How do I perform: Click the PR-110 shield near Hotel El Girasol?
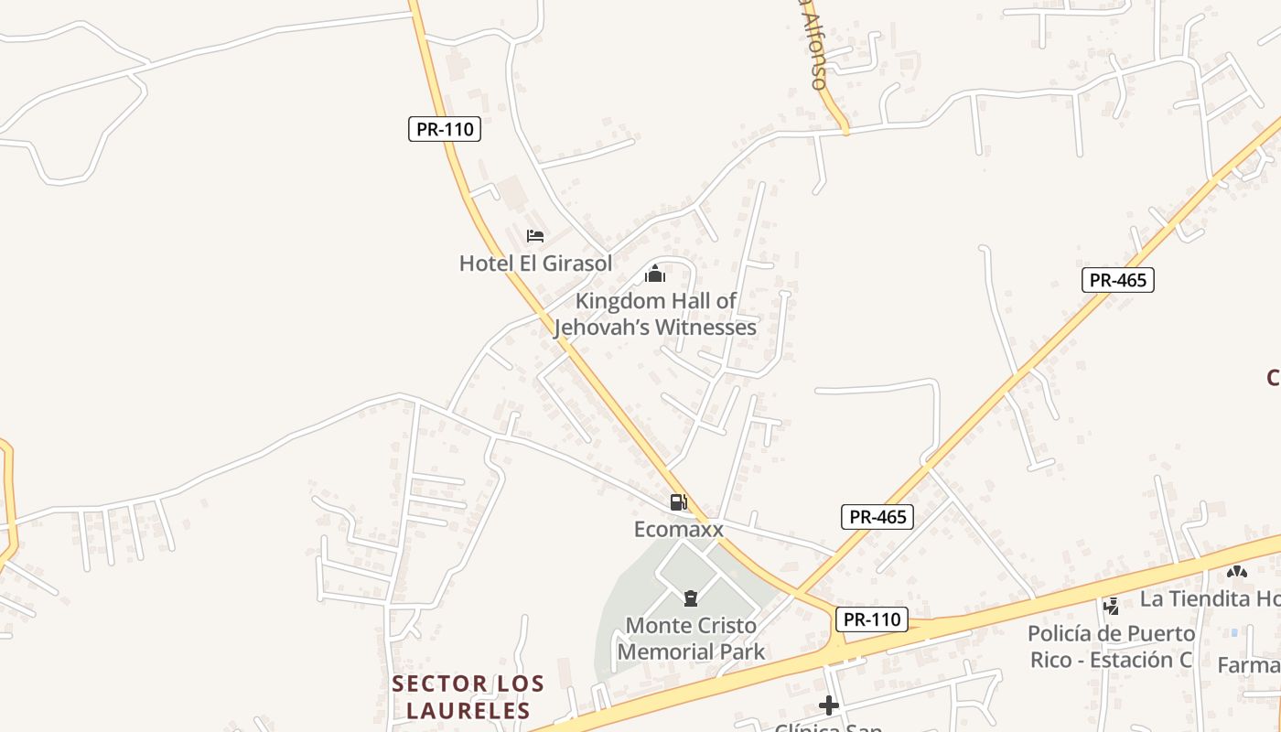tap(444, 129)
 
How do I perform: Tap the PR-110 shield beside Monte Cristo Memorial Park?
tap(871, 619)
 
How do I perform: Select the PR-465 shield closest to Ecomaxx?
tap(877, 517)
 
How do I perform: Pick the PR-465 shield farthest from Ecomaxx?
tap(1117, 280)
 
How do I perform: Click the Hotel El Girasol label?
tap(535, 264)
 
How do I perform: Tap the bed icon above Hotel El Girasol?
tap(535, 236)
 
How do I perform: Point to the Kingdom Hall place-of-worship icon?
tap(655, 274)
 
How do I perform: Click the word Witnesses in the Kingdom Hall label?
tap(704, 327)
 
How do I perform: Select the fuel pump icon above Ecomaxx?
tap(678, 501)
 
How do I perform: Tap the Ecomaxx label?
tap(678, 530)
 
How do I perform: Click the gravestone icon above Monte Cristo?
tap(691, 599)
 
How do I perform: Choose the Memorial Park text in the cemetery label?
tap(691, 652)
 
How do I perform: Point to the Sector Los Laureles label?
tap(468, 696)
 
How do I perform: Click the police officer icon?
tap(1112, 605)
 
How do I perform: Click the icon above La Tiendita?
tap(1237, 572)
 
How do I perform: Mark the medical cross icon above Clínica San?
tap(829, 705)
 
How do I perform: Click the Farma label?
tap(1249, 665)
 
